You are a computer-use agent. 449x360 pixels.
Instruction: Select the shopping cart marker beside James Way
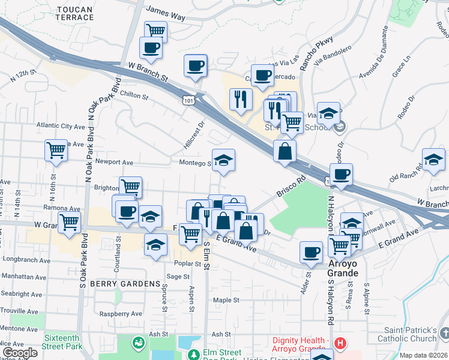pyautogui.click(x=155, y=30)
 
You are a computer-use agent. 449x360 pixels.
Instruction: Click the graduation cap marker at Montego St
pyautogui.click(x=223, y=160)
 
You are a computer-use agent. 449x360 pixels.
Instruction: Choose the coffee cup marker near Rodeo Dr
pyautogui.click(x=341, y=175)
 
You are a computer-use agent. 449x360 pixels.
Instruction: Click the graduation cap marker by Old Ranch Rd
pyautogui.click(x=433, y=160)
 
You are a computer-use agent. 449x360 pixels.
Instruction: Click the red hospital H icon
pyautogui.click(x=340, y=344)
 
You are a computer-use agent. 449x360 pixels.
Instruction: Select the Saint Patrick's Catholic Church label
pyautogui.click(x=411, y=334)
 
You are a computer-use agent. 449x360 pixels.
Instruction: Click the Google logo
pyautogui.click(x=20, y=353)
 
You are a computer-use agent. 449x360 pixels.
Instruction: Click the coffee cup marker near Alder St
pyautogui.click(x=311, y=252)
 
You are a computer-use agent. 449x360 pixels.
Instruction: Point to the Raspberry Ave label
pyautogui.click(x=121, y=313)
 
